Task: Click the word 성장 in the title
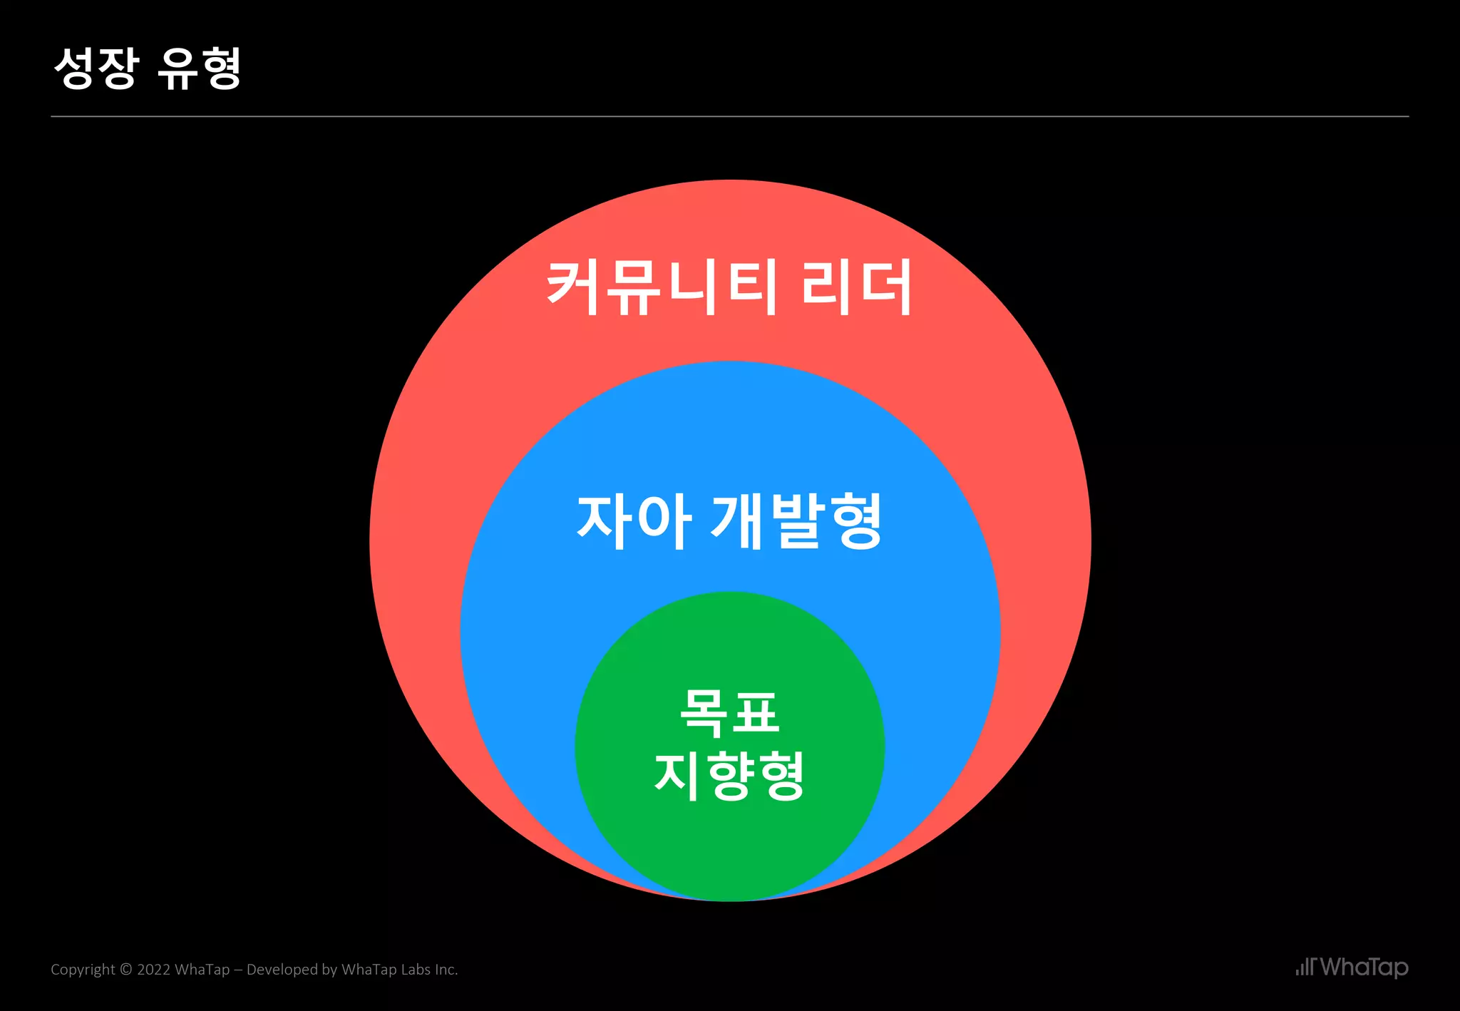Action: (96, 68)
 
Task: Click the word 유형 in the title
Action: (200, 68)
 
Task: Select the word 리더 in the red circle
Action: (856, 287)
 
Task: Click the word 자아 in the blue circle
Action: (634, 521)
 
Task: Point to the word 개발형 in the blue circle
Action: (797, 521)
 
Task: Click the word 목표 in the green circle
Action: (729, 712)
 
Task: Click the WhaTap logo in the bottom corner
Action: (1352, 968)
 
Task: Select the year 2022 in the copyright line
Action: (153, 970)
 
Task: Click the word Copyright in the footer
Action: (82, 970)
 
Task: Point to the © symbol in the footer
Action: (126, 970)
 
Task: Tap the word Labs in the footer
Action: (416, 970)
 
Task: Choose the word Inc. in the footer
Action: (446, 970)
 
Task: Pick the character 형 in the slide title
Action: (220, 68)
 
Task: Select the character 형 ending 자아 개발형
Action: (856, 521)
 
